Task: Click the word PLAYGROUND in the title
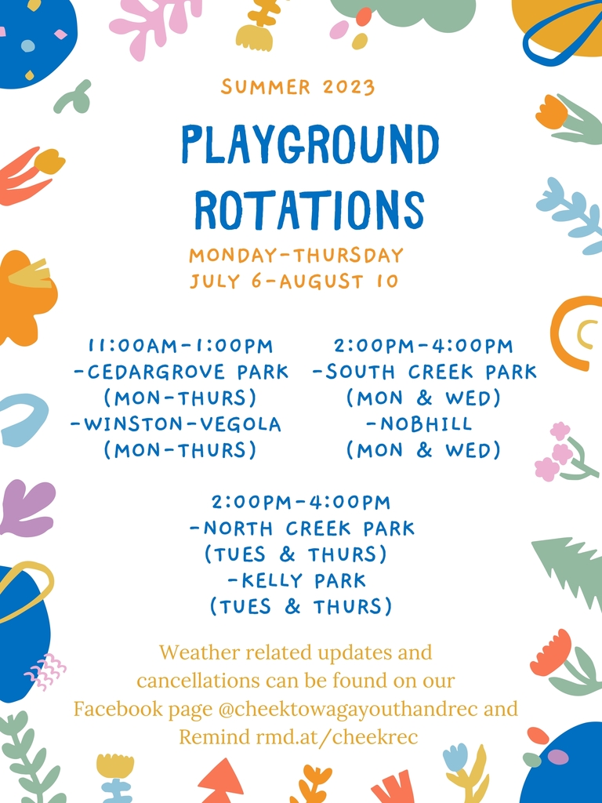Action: pyautogui.click(x=310, y=144)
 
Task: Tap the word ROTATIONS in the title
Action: pyautogui.click(x=310, y=209)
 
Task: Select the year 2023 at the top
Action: pyautogui.click(x=349, y=87)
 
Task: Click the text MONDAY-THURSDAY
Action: pyautogui.click(x=296, y=255)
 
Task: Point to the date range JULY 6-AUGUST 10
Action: pyautogui.click(x=295, y=282)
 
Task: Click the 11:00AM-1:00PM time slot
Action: pyautogui.click(x=181, y=346)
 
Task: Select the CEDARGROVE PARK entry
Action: pyautogui.click(x=182, y=372)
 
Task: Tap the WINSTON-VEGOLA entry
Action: pyautogui.click(x=176, y=424)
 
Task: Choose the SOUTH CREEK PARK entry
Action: pyautogui.click(x=425, y=372)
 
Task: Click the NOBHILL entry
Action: pyautogui.click(x=419, y=424)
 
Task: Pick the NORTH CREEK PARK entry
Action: pyautogui.click(x=302, y=529)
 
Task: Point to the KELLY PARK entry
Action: pyautogui.click(x=297, y=581)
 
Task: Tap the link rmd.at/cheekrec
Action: pyautogui.click(x=337, y=737)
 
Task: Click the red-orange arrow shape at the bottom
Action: pyautogui.click(x=221, y=780)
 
